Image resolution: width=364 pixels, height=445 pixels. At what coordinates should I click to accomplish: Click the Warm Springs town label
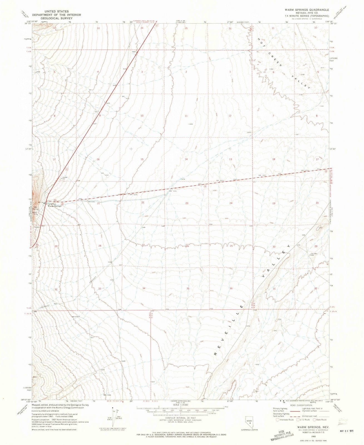(x=55, y=206)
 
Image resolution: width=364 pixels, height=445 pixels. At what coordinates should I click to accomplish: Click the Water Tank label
(x=35, y=213)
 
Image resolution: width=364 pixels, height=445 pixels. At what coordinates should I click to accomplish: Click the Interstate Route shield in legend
(x=278, y=420)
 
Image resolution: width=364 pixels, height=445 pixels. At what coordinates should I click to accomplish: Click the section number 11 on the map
(x=186, y=116)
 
